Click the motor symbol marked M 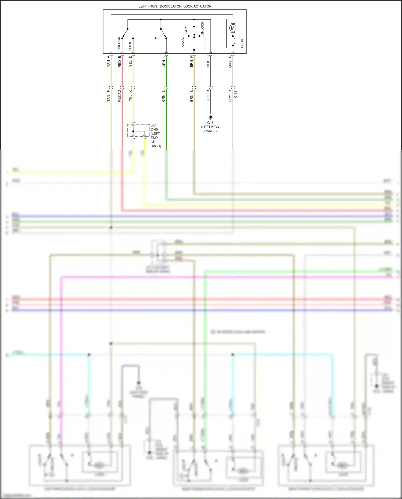pyautogui.click(x=233, y=28)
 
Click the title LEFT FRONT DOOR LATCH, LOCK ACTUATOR pyautogui.click(x=175, y=6)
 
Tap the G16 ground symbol pyautogui.click(x=210, y=117)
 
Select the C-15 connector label pyautogui.click(x=236, y=94)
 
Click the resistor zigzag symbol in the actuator pyautogui.click(x=183, y=43)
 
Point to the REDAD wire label pyautogui.click(x=119, y=96)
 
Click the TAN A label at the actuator pyautogui.click(x=108, y=61)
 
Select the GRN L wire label pyautogui.click(x=163, y=61)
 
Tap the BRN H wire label pyautogui.click(x=191, y=61)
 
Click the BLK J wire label pyautogui.click(x=208, y=61)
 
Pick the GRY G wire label pyautogui.click(x=230, y=61)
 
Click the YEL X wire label pyautogui.click(x=130, y=96)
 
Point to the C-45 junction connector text pyautogui.click(x=154, y=129)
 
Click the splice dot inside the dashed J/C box pyautogui.click(x=133, y=131)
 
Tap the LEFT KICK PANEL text pyautogui.click(x=210, y=129)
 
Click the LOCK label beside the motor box pyautogui.click(x=242, y=43)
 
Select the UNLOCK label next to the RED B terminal pyautogui.click(x=119, y=44)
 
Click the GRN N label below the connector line pyautogui.click(x=163, y=96)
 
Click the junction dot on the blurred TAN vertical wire pyautogui.click(x=111, y=227)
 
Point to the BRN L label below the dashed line pyautogui.click(x=191, y=96)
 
